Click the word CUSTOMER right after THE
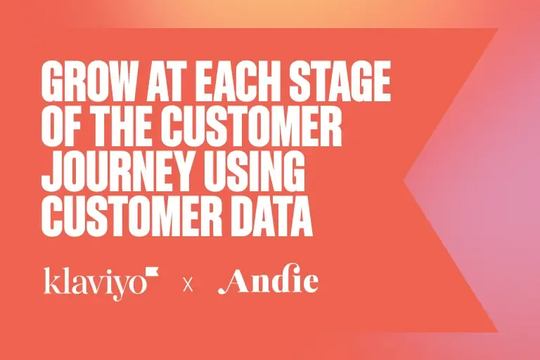tap(252, 127)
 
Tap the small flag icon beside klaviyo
tap(152, 271)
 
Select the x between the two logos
tap(188, 285)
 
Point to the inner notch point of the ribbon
tap(404, 180)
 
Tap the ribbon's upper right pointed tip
tap(499, 29)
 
